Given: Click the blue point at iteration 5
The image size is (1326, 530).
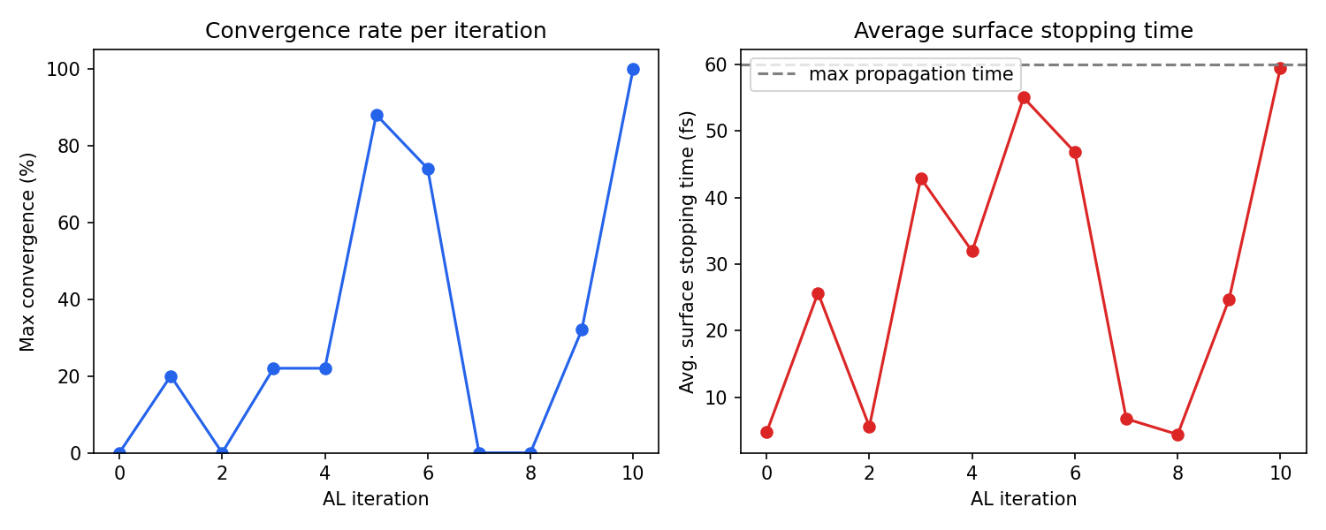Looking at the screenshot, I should (x=377, y=115).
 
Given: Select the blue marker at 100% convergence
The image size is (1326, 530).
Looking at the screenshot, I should (x=633, y=69).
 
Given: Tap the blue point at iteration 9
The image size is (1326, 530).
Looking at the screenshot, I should (x=582, y=329).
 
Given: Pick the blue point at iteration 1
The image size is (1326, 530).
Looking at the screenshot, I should (x=171, y=376).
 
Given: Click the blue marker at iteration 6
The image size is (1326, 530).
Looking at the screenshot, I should (x=428, y=169).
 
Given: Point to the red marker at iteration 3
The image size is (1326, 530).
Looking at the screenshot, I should (x=921, y=178).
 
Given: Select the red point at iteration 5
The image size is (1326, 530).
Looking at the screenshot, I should (x=1024, y=97).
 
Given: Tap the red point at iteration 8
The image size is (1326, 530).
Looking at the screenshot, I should (x=1177, y=435).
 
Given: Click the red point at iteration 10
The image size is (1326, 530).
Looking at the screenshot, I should (x=1280, y=68).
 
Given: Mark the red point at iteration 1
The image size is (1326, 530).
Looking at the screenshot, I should (x=818, y=293).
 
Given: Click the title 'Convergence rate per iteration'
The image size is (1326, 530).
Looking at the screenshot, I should (x=376, y=31).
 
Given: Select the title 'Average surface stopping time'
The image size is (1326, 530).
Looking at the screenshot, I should (x=1024, y=31).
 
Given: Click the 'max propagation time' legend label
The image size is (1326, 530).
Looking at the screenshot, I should (x=911, y=75).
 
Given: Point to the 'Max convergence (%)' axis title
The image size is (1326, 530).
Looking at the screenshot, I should (x=28, y=252).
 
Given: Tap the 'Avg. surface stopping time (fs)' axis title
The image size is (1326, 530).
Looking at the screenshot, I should (x=688, y=252).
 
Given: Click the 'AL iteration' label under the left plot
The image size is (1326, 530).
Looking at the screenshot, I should (x=376, y=499).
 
